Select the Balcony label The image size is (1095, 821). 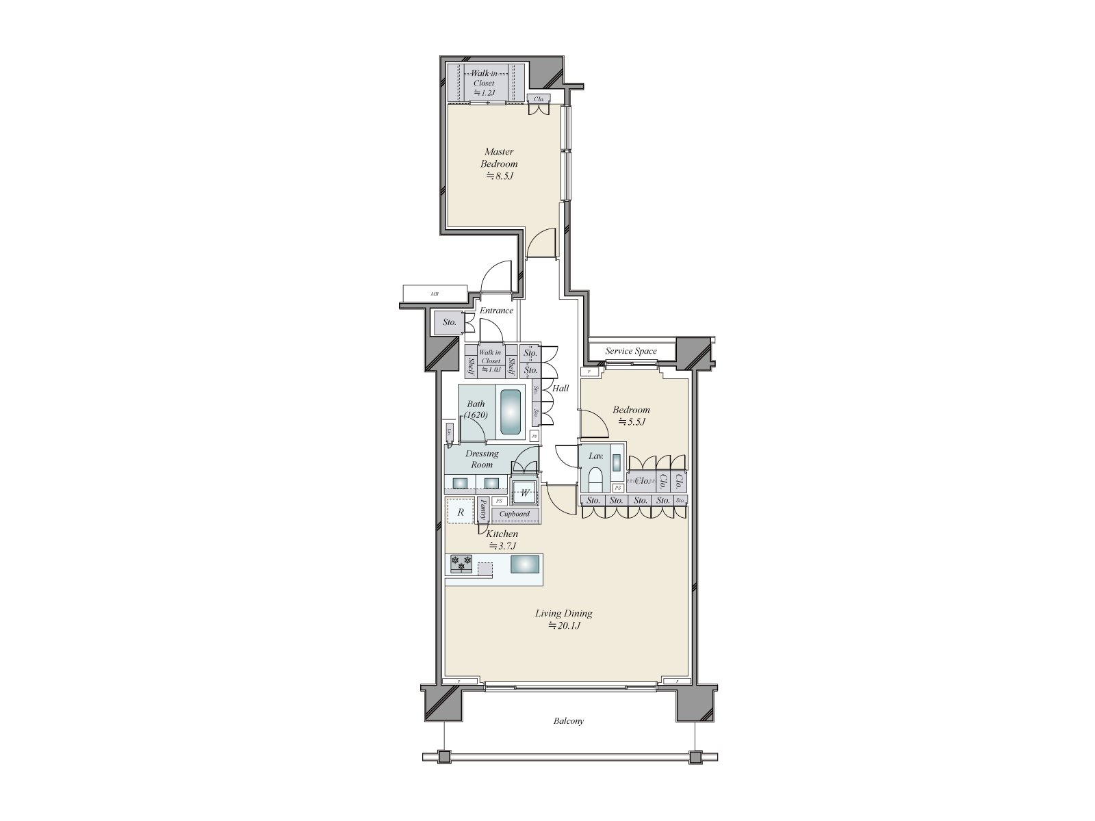569,721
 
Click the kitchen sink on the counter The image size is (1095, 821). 525,564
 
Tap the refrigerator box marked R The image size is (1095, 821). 460,511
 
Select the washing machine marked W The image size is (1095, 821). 526,492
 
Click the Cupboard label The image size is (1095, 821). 514,514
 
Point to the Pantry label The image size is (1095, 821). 483,510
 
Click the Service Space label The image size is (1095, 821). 630,351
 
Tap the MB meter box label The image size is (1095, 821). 434,294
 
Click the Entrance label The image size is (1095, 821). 495,311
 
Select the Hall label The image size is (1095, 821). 561,388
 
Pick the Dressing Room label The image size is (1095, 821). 481,459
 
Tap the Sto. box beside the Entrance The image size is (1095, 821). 449,322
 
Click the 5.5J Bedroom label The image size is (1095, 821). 631,415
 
